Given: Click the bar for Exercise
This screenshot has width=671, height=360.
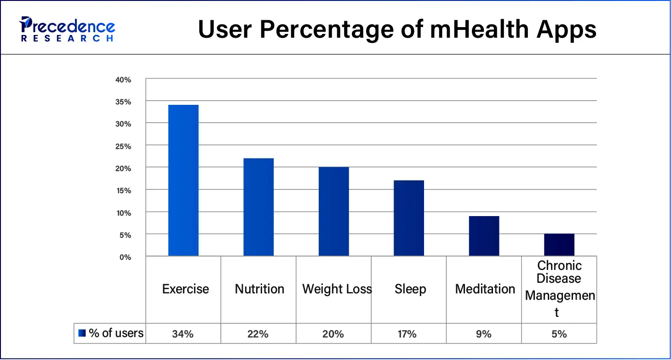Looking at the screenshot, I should [x=183, y=180].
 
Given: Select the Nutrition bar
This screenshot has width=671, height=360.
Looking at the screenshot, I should [x=258, y=207].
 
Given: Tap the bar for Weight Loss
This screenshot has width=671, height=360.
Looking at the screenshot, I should [x=333, y=211].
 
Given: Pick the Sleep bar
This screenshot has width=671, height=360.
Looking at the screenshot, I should [x=409, y=218].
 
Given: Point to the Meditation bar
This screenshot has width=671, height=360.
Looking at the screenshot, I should [x=484, y=236].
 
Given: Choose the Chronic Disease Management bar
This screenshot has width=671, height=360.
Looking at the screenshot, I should [x=559, y=245].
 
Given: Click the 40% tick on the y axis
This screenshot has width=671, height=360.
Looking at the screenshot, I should [x=123, y=80].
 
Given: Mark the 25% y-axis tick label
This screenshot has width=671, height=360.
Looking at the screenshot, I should [x=123, y=146].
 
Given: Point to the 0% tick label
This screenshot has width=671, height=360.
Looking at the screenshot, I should [x=125, y=257].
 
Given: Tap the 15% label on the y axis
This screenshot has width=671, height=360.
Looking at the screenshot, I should [x=123, y=190].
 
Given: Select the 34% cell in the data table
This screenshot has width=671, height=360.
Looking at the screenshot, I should [x=183, y=334].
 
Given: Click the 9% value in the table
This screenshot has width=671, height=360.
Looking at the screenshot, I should [x=484, y=334].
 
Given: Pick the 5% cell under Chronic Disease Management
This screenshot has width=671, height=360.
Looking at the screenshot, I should [x=559, y=334].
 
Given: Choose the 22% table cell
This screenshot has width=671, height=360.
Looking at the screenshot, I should [x=258, y=334].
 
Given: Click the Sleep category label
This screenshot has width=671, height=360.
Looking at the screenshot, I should [x=410, y=289].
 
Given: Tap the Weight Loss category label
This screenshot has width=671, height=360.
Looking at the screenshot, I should [x=337, y=289].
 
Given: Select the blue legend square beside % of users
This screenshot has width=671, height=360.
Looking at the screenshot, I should [x=82, y=333].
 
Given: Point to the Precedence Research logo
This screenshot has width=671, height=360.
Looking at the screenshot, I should [x=67, y=29].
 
